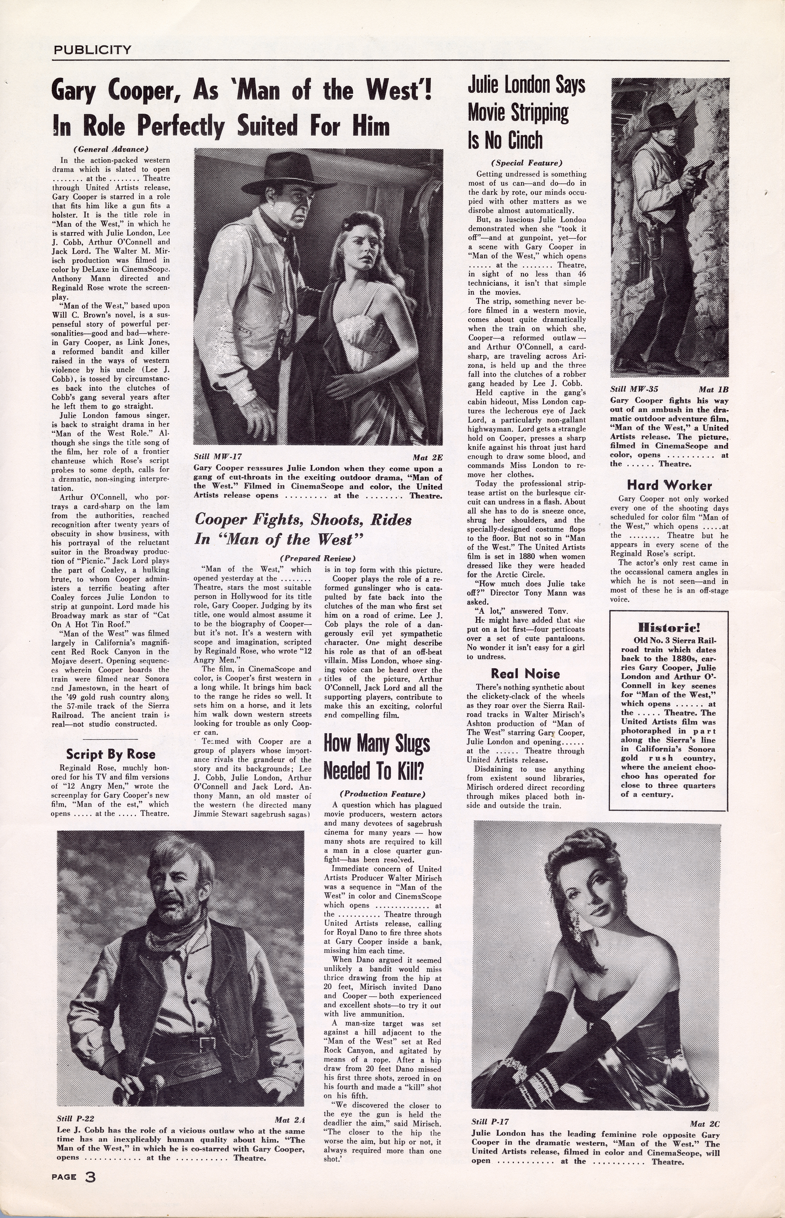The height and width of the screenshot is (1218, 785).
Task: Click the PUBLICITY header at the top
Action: point(92,50)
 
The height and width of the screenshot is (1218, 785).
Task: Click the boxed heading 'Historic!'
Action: point(669,626)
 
